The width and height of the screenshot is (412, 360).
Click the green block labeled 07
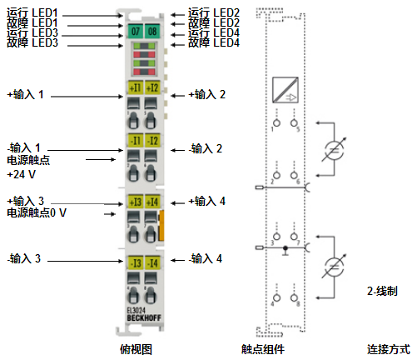tap(135, 32)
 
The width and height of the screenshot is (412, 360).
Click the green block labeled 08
tap(152, 32)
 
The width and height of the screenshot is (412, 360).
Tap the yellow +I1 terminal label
tap(135, 87)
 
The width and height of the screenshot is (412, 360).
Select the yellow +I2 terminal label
tap(152, 87)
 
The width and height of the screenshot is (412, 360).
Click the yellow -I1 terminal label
tap(135, 142)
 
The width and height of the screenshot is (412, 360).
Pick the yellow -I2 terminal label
tap(152, 142)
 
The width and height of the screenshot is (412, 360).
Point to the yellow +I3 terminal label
tap(135, 201)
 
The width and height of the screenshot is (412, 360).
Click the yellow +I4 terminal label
tap(152, 201)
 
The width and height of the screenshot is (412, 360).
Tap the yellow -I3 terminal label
tap(135, 263)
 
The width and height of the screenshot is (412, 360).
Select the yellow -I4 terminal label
tap(152, 263)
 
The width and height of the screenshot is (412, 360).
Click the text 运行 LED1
tap(31, 12)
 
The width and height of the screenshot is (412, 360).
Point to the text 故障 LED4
tap(214, 42)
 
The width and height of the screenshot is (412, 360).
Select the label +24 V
tap(21, 175)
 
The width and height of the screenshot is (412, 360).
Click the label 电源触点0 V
tap(37, 213)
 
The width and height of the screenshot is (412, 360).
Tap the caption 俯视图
tap(136, 348)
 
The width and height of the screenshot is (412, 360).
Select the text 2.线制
tap(382, 292)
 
